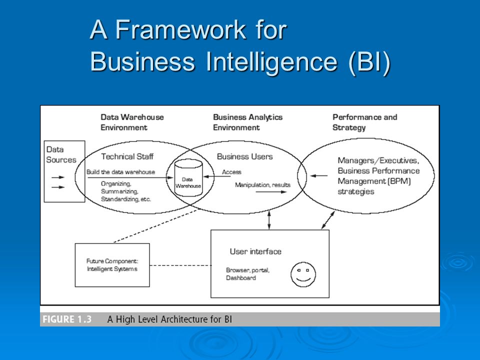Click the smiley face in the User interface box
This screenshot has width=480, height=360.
point(303,274)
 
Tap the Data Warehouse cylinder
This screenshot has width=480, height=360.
point(188,177)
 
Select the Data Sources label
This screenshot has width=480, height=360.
point(61,154)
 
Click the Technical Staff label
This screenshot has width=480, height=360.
point(127,156)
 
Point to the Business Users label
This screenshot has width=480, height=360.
point(244,156)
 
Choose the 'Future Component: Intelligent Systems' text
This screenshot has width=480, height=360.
point(112,265)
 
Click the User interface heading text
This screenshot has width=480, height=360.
point(255,251)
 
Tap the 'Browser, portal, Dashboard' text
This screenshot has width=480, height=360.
point(247,274)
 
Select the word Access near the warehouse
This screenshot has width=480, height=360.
point(231,172)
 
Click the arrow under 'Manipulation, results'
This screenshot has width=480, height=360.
point(271,192)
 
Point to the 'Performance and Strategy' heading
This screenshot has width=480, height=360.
point(364,122)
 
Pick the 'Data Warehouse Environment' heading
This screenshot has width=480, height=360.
point(132,122)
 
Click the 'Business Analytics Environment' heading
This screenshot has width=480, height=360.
point(247,122)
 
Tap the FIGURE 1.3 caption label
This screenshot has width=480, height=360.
point(67,319)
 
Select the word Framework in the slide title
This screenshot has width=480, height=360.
point(180,29)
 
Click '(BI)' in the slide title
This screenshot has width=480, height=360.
point(370,62)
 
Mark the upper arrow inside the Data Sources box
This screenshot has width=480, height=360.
point(58,177)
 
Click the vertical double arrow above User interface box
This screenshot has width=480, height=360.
point(269,220)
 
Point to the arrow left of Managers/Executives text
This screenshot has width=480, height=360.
point(318,175)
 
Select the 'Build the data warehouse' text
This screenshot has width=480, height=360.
point(120,172)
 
